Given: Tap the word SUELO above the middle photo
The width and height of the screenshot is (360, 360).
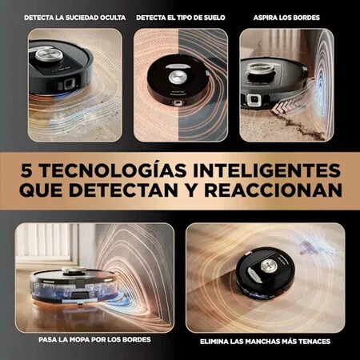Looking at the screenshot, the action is (214, 18).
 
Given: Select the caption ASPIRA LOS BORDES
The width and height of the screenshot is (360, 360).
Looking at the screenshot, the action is (286, 18).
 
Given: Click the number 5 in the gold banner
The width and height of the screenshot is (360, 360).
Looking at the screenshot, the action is (27, 170).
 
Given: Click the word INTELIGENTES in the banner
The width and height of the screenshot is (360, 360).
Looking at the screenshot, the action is (267, 170).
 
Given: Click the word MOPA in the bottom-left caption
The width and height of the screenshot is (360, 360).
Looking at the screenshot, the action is (79, 339).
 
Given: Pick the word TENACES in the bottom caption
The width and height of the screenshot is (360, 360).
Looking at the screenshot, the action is (315, 342).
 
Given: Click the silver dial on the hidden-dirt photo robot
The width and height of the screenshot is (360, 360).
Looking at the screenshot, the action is (50, 54).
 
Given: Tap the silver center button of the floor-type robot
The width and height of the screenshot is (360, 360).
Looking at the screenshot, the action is (176, 77).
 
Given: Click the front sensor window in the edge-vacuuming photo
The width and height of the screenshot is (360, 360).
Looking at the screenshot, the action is (254, 100).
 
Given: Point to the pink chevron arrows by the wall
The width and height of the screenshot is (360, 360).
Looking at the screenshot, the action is (281, 106).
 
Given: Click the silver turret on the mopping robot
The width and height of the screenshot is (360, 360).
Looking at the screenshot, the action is (74, 271).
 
